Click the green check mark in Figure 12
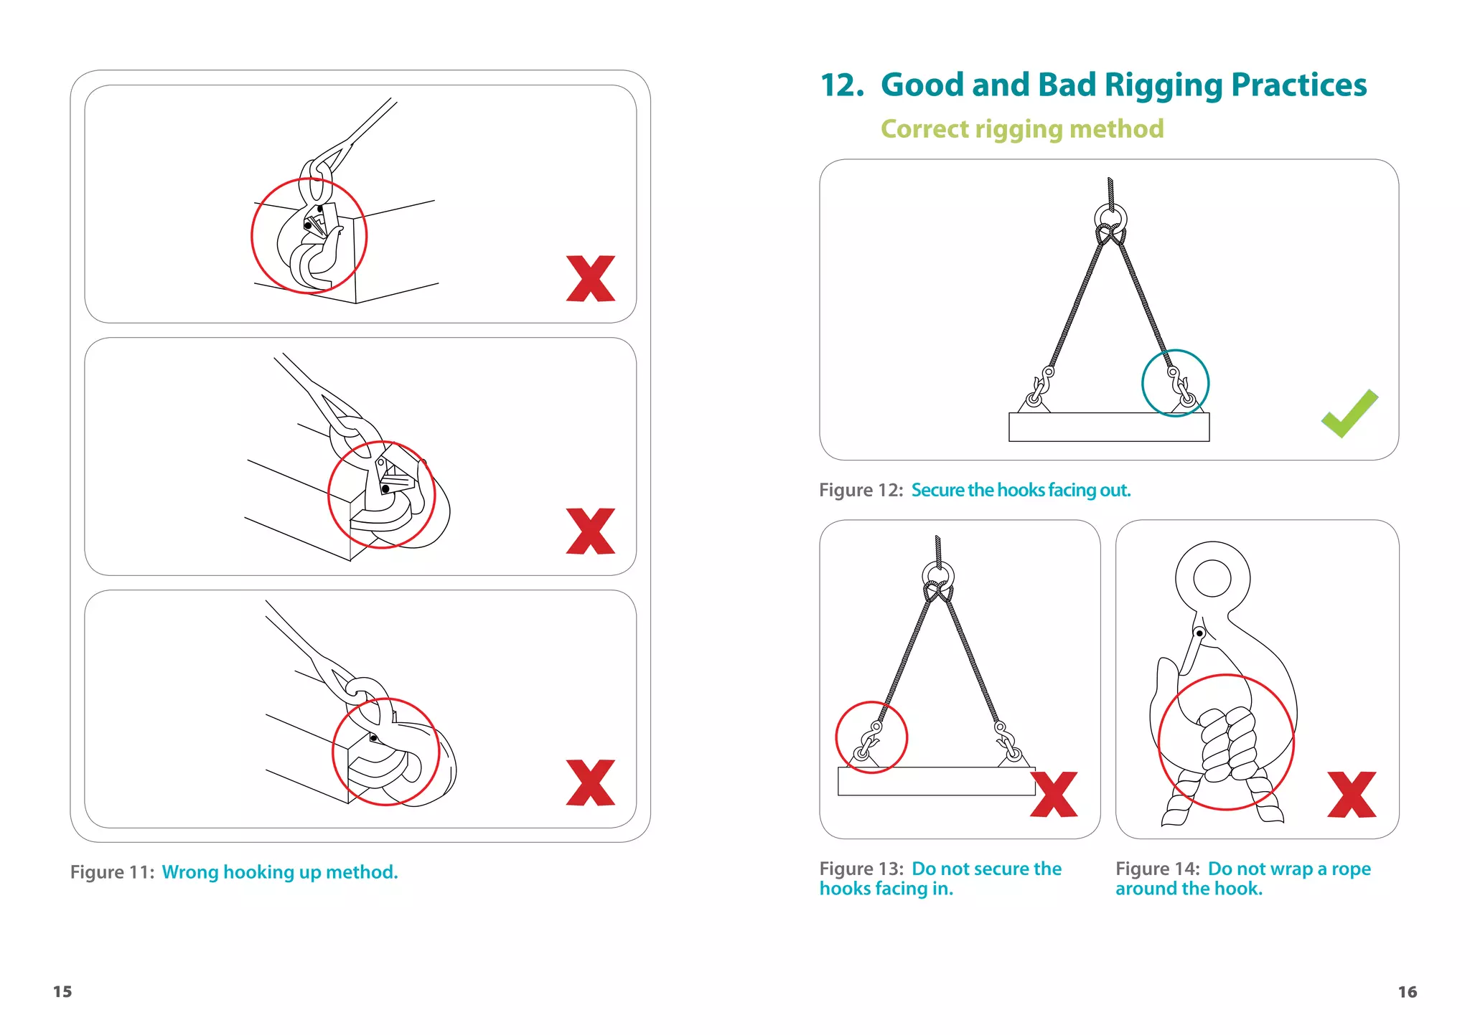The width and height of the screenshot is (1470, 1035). pyautogui.click(x=1349, y=415)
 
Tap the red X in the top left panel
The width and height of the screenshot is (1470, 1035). pyautogui.click(x=591, y=278)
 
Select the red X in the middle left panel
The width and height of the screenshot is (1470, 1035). pyautogui.click(x=591, y=531)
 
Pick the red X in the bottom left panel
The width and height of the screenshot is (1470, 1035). pyautogui.click(x=591, y=783)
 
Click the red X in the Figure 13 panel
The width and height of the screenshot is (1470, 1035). pyautogui.click(x=1054, y=795)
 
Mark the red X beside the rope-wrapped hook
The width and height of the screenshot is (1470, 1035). pyautogui.click(x=1352, y=795)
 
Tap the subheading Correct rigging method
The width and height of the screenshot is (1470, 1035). pyautogui.click(x=1021, y=129)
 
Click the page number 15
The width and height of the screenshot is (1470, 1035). pyautogui.click(x=62, y=991)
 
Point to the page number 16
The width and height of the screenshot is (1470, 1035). pyautogui.click(x=1407, y=991)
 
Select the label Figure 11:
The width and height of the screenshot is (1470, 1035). pyautogui.click(x=112, y=872)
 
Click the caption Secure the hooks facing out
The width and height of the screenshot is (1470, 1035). pyautogui.click(x=1020, y=490)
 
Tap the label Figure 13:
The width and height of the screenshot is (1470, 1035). pyautogui.click(x=861, y=869)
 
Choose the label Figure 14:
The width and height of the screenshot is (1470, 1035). pyautogui.click(x=1157, y=869)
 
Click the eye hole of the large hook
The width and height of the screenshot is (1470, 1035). pyautogui.click(x=1212, y=578)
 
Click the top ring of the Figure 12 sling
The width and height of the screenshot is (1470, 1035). pyautogui.click(x=1110, y=217)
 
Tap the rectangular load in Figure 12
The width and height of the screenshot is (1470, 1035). pyautogui.click(x=1108, y=427)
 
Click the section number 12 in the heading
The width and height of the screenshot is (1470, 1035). pyautogui.click(x=841, y=85)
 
